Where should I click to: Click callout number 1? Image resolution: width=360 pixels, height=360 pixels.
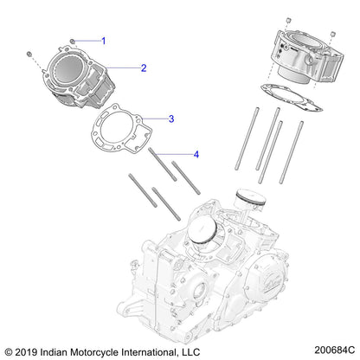[103, 41]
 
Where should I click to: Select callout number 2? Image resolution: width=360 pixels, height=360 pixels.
[144, 67]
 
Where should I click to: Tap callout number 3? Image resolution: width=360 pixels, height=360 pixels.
[171, 119]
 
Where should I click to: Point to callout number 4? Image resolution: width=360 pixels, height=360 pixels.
[196, 155]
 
